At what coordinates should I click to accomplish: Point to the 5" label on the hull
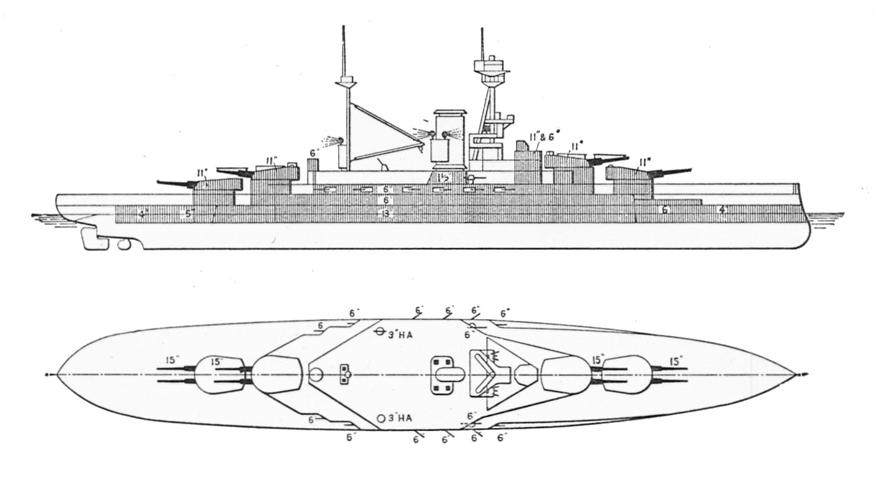190,213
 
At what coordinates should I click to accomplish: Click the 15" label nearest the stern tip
173,361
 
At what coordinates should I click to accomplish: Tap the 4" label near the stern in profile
143,214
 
